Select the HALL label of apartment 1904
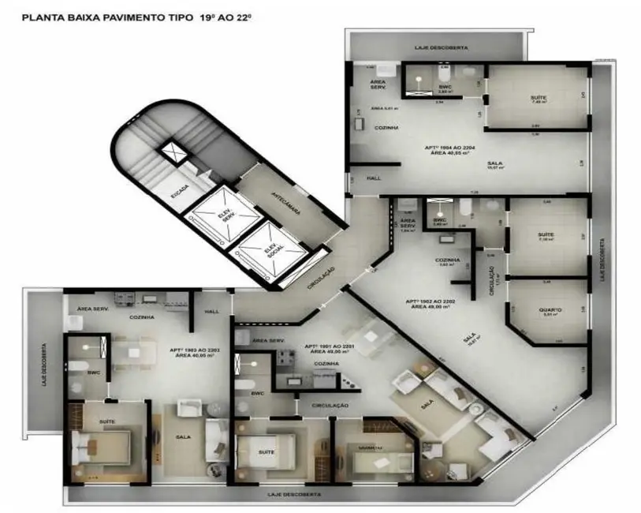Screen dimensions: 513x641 (374, 178)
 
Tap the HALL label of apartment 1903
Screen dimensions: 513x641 (211, 312)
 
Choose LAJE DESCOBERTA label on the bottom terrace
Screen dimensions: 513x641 (295, 495)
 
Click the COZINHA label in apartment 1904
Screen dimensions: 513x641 (386, 127)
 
